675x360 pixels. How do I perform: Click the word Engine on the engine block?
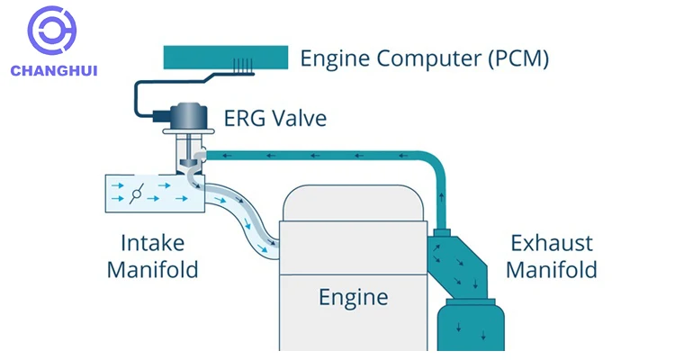tap(354, 297)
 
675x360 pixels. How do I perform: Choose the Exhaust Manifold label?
tap(553, 256)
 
